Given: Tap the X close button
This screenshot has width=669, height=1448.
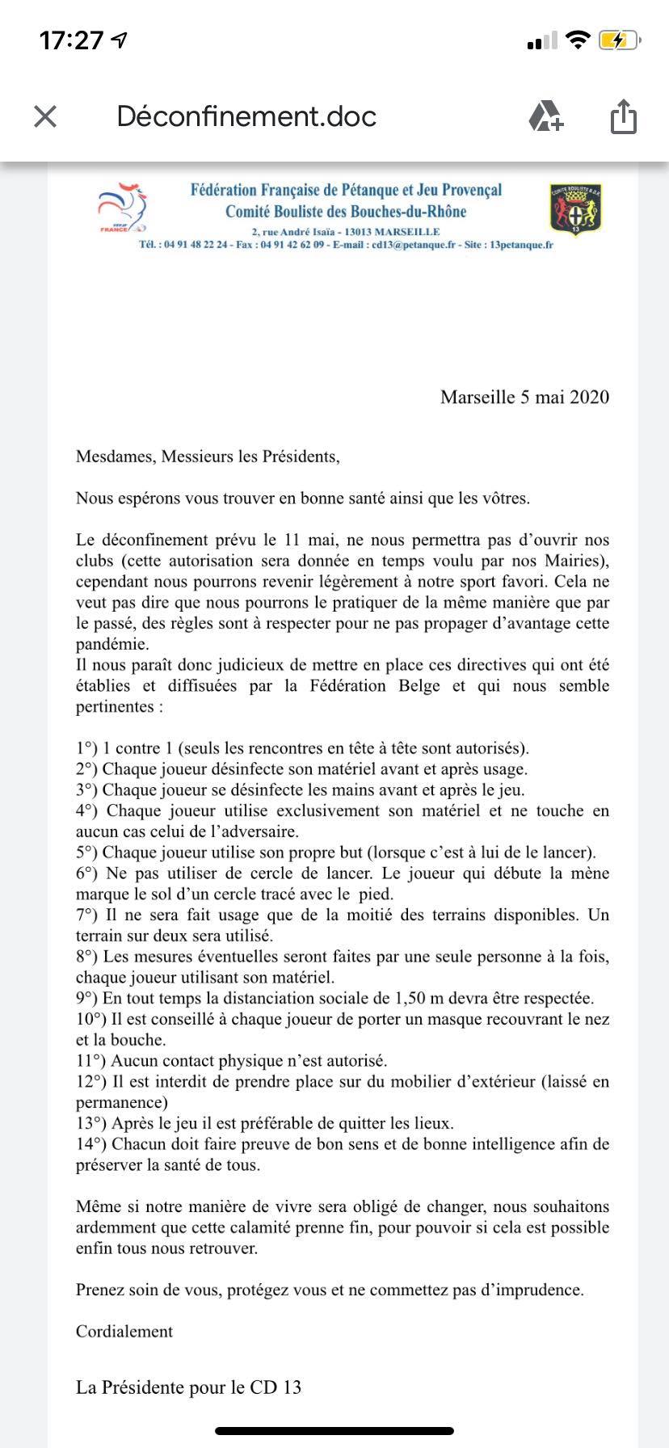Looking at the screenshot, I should [x=45, y=117].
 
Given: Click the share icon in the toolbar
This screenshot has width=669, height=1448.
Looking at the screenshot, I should [x=623, y=116].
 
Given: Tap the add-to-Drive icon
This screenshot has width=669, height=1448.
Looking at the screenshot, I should [x=546, y=116].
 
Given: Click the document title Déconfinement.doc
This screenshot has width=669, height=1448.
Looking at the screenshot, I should [x=246, y=116].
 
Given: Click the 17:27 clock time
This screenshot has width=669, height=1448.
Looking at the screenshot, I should [x=72, y=40].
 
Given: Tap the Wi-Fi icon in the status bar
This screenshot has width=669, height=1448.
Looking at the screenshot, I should [x=578, y=40].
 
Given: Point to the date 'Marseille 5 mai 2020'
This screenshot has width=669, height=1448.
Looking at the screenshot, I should [x=524, y=397].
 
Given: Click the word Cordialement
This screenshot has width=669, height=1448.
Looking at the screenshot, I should [x=124, y=1332].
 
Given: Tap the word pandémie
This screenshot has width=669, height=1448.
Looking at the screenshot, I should [x=112, y=645].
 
